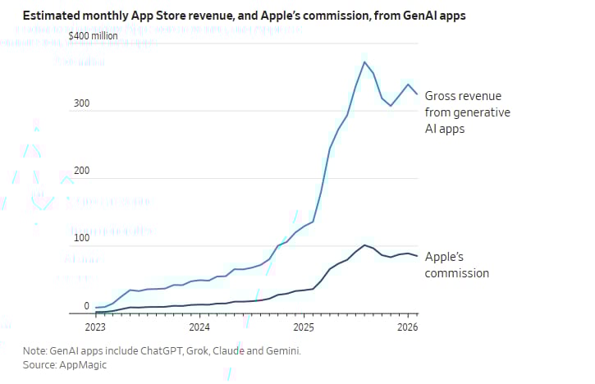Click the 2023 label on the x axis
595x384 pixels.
pyautogui.click(x=95, y=326)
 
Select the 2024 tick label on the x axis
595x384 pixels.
pyautogui.click(x=199, y=326)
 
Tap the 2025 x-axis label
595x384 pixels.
pyautogui.click(x=304, y=326)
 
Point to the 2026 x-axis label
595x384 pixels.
pyautogui.click(x=408, y=326)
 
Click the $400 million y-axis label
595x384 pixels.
pyautogui.click(x=93, y=36)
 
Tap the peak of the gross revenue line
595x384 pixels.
pyautogui.click(x=364, y=62)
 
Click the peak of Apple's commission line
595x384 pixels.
pyautogui.click(x=364, y=245)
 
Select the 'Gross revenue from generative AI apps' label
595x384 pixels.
pyautogui.click(x=467, y=112)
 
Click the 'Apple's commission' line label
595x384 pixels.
pyautogui.click(x=457, y=264)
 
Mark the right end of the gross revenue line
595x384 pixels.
pyautogui.click(x=418, y=94)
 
